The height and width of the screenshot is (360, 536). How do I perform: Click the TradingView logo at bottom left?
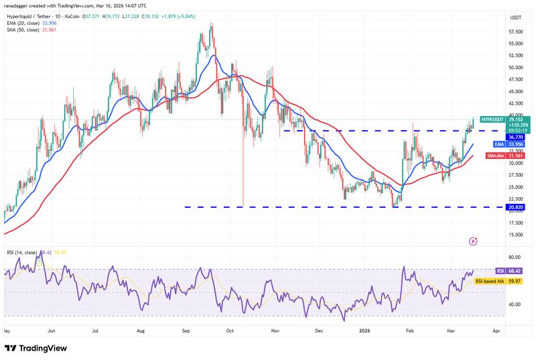[x=38, y=348]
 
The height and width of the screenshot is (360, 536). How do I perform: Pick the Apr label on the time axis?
[x=495, y=331]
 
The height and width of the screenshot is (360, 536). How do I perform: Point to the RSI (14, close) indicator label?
[x=23, y=252]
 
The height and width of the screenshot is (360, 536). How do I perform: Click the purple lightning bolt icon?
[x=474, y=241]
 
